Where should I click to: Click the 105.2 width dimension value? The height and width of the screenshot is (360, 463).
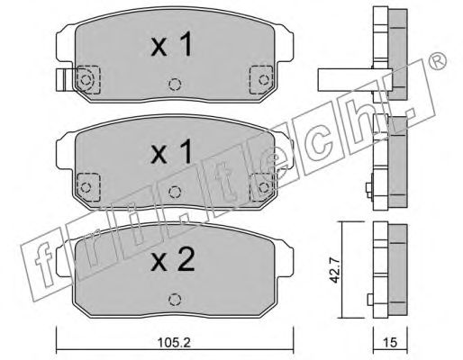tap(174, 342)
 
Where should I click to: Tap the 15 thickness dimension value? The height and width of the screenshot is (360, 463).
tap(390, 342)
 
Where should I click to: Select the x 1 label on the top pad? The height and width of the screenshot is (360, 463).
tap(171, 44)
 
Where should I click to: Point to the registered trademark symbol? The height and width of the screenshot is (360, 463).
tap(438, 61)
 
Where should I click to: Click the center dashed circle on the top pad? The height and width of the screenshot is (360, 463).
tap(175, 85)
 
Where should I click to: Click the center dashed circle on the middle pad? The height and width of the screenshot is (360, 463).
tap(175, 192)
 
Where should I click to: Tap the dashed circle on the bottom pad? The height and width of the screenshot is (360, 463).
tap(175, 299)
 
